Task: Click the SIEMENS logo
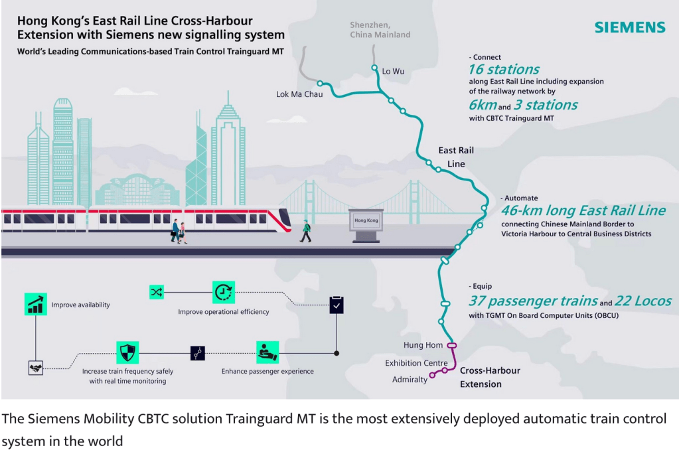tap(629, 27)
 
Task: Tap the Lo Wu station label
tap(393, 71)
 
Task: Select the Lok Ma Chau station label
tap(299, 94)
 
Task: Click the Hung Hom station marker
tap(452, 345)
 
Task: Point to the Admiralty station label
tap(410, 380)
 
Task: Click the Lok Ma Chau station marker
tap(320, 84)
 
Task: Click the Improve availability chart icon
tap(35, 304)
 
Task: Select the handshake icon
tap(35, 367)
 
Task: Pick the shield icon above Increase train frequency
tap(127, 352)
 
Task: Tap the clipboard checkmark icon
tap(337, 305)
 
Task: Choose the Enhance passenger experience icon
tap(267, 352)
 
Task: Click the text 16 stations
tap(504, 70)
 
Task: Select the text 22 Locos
tap(643, 301)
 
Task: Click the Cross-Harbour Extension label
tap(490, 377)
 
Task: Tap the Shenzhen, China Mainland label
tap(380, 30)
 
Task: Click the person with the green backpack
tap(305, 230)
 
